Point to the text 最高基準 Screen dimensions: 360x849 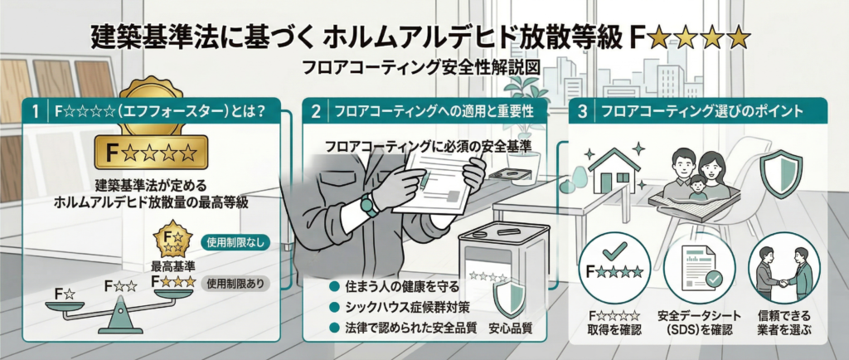pyautogui.click(x=172, y=266)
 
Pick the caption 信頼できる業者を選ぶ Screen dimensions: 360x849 pyautogui.click(x=784, y=323)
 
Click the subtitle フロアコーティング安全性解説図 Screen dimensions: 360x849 pyautogui.click(x=424, y=68)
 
